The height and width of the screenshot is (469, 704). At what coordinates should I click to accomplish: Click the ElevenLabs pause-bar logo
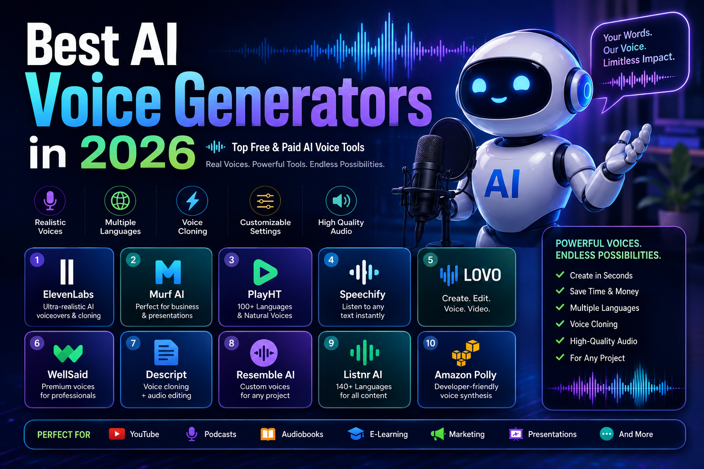click(x=67, y=272)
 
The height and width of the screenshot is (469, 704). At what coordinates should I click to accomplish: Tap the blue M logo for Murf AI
click(x=168, y=272)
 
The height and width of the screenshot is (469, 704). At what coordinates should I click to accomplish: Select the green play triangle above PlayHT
click(x=265, y=272)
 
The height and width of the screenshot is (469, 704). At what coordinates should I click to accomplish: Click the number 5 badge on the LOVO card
click(x=430, y=260)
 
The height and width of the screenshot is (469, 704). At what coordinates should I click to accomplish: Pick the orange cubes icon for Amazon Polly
click(x=466, y=353)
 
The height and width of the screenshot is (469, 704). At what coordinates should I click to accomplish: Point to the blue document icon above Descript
click(x=166, y=353)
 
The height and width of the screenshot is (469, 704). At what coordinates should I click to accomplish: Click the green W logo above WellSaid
click(x=68, y=353)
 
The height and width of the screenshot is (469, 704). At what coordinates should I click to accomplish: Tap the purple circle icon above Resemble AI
click(x=264, y=353)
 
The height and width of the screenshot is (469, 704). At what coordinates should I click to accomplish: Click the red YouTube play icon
click(x=117, y=434)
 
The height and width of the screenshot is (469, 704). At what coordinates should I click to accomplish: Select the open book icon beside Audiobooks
click(x=268, y=434)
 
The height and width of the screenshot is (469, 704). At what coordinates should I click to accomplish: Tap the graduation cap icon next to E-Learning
click(x=356, y=434)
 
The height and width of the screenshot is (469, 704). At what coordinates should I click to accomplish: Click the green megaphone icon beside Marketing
click(x=438, y=434)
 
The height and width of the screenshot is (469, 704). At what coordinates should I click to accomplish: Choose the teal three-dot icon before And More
click(x=606, y=434)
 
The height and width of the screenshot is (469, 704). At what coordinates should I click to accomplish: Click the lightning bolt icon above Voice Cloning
click(x=192, y=201)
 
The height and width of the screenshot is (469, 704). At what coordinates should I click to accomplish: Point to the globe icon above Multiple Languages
click(x=121, y=201)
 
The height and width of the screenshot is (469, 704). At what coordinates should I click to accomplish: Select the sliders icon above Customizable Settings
click(x=265, y=201)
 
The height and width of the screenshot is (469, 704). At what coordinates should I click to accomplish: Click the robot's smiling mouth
click(x=499, y=100)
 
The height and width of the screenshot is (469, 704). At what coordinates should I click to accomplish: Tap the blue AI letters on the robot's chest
click(x=502, y=184)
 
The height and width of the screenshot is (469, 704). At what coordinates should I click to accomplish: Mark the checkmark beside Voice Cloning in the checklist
click(x=560, y=323)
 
